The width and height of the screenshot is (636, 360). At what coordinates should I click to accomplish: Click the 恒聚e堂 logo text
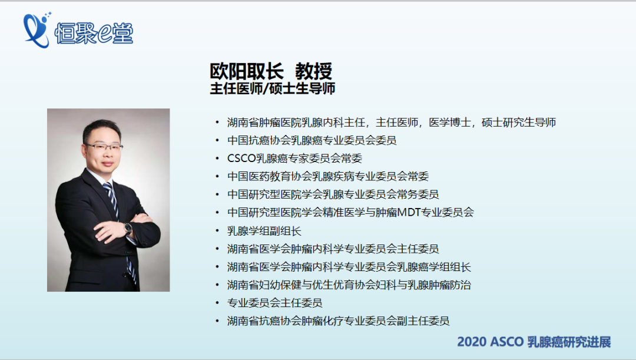tap(94, 32)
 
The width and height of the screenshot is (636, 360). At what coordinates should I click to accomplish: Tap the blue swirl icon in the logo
tap(36, 30)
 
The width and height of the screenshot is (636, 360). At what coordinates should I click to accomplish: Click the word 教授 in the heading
tap(313, 71)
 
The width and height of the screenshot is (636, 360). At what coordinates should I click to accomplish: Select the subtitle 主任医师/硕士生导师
tap(273, 88)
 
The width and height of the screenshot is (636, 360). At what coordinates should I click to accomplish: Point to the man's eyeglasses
tap(104, 147)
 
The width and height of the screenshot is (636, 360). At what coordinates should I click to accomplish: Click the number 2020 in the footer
tap(472, 342)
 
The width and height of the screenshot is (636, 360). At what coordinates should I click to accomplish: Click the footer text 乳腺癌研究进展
tap(569, 342)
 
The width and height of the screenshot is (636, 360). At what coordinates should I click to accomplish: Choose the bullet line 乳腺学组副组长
tap(264, 231)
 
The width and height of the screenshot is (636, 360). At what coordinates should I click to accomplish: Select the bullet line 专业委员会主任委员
tap(275, 303)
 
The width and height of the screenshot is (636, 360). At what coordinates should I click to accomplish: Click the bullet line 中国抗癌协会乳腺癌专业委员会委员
tap(312, 140)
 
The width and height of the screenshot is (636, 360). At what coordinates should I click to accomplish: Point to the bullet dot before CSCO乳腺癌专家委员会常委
tap(217, 158)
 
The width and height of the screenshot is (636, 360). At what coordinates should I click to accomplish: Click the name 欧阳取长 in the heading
tap(247, 71)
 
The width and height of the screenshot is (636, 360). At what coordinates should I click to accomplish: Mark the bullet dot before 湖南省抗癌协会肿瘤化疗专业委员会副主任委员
tap(217, 321)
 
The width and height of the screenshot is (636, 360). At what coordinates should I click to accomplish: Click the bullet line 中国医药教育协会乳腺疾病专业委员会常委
tap(328, 176)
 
